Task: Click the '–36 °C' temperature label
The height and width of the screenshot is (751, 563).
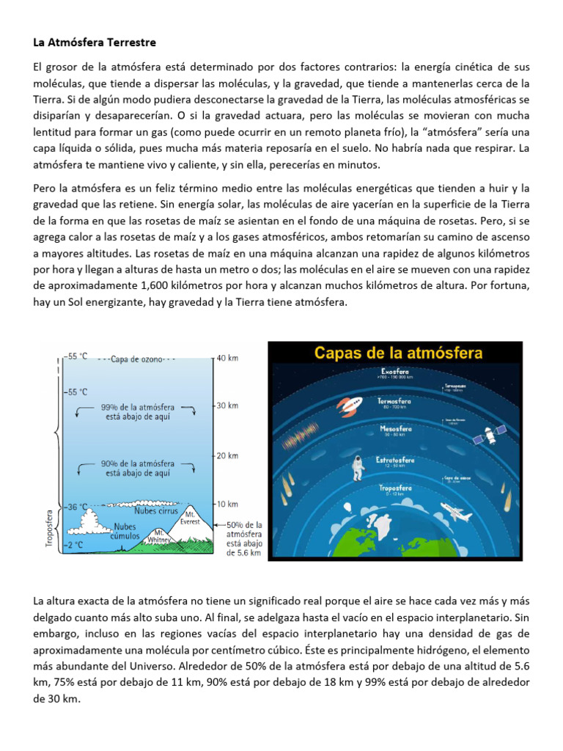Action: point(75,506)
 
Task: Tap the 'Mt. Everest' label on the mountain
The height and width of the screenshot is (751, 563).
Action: point(190,518)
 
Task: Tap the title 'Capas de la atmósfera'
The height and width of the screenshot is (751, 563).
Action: point(399,353)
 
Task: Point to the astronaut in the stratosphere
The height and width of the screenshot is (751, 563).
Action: point(358,466)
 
